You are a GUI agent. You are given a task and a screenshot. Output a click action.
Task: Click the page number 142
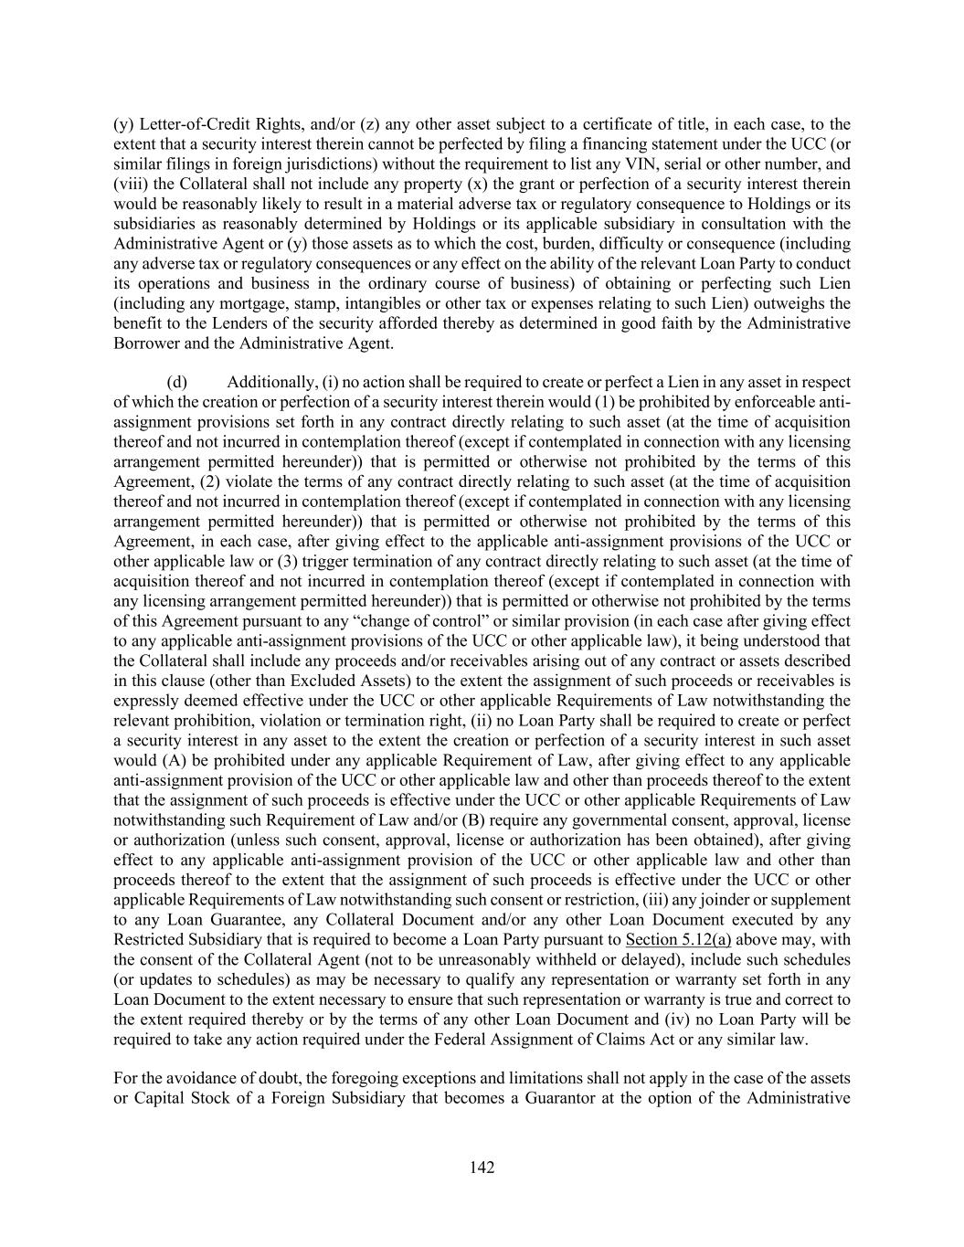click(x=482, y=1168)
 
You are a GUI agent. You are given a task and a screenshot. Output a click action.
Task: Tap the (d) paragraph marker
click(x=176, y=382)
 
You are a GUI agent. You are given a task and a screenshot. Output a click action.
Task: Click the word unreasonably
click(x=487, y=960)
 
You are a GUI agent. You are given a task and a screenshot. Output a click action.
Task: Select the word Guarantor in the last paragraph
click(x=559, y=1098)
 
